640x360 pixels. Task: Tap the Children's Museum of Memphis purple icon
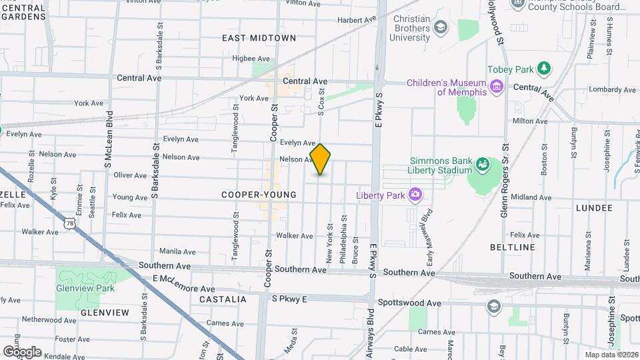(496, 86)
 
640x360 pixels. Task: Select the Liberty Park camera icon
(415, 195)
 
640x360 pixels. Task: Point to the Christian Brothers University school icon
(440, 27)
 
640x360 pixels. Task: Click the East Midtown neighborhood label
(259, 38)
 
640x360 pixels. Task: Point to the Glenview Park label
(85, 288)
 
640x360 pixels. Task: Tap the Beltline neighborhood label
(512, 247)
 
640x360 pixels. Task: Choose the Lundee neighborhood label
(593, 208)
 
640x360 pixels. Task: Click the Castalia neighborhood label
(223, 299)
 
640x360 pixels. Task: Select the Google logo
(22, 351)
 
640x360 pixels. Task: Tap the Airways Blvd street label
(371, 329)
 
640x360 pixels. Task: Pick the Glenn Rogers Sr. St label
(505, 180)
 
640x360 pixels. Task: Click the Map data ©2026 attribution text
(611, 355)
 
